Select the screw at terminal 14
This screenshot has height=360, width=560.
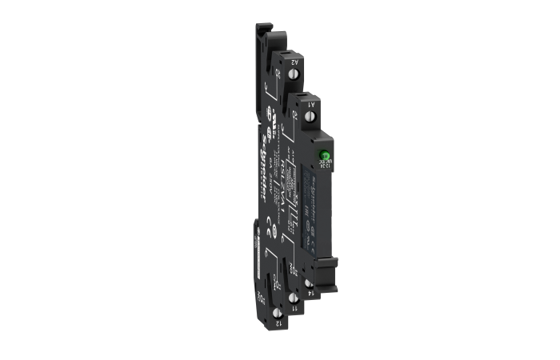pos(308,284)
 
